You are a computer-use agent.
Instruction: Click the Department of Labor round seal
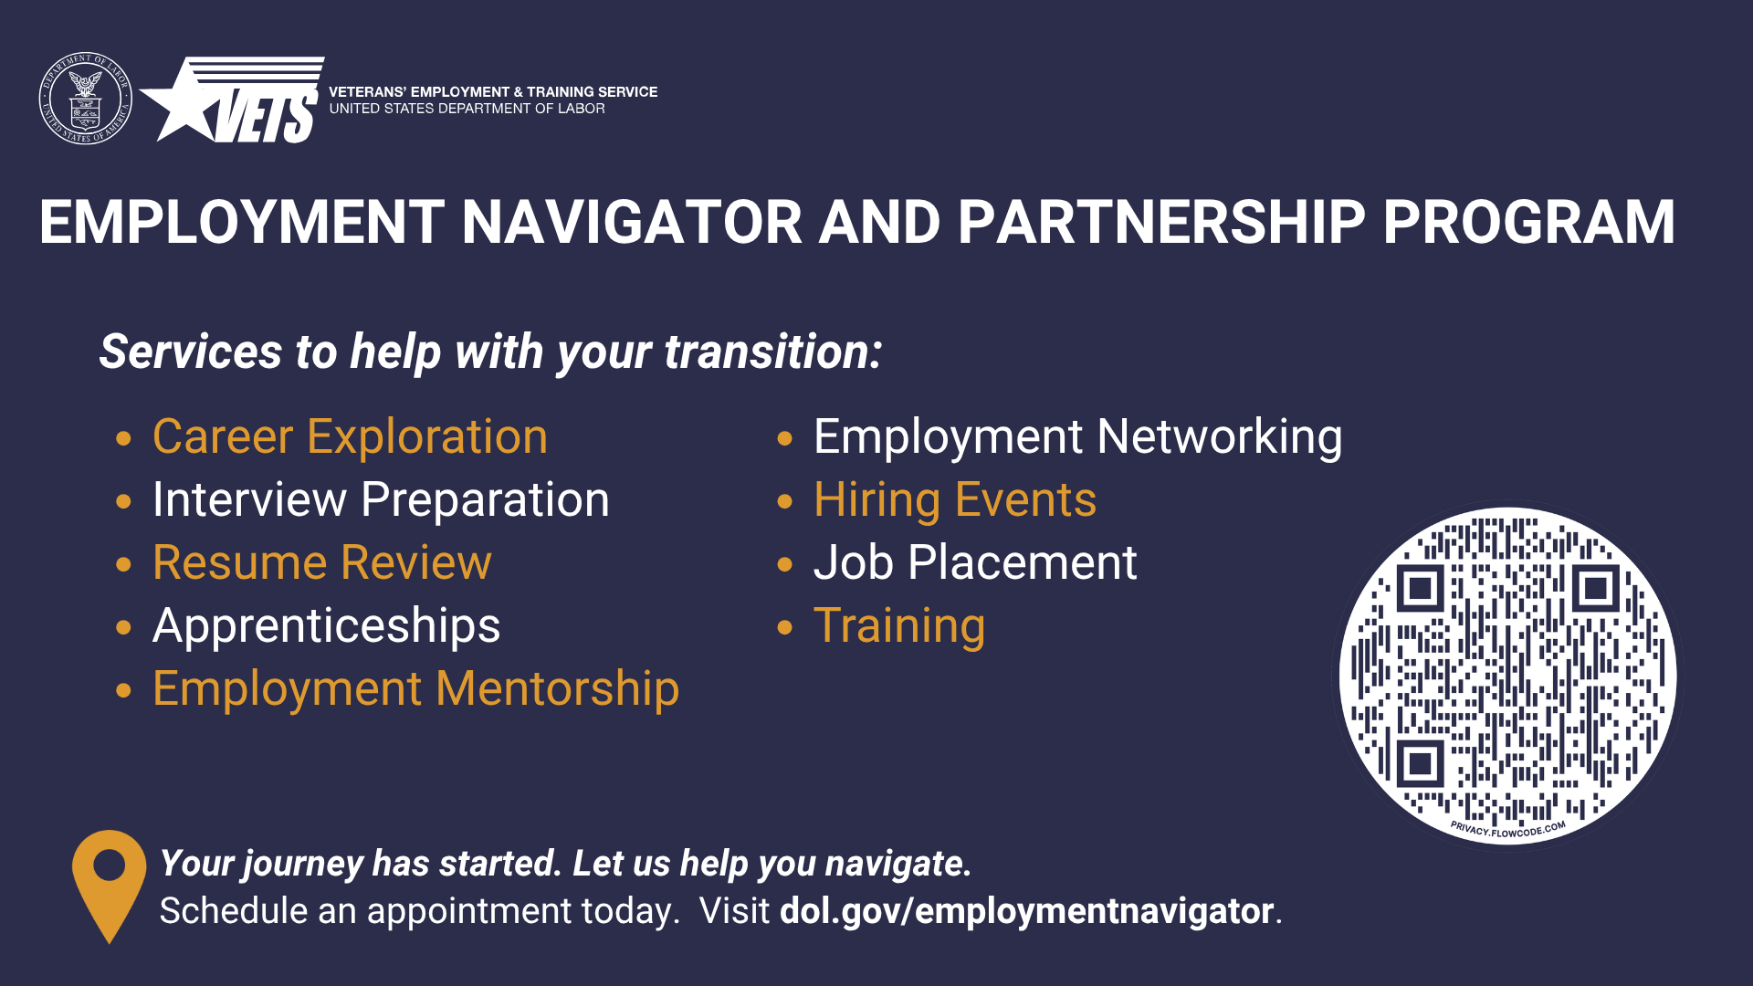[86, 98]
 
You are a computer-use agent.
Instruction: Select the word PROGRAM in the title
[1529, 223]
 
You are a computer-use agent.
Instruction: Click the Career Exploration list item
[350, 436]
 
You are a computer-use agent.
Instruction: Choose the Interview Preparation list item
[381, 499]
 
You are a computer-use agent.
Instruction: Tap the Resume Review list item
[322, 562]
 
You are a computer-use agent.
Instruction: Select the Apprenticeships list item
[327, 626]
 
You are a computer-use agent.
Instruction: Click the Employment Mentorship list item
[416, 688]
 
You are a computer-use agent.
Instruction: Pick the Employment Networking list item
[1078, 436]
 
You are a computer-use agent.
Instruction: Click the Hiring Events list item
[955, 500]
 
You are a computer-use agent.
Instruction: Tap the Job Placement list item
[975, 562]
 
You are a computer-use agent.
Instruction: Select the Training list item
[899, 626]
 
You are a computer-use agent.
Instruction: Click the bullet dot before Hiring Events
[785, 501]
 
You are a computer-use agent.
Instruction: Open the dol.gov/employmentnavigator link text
[1026, 911]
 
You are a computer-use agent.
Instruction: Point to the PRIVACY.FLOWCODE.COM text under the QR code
[1508, 830]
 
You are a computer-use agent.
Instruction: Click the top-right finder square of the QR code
[1595, 588]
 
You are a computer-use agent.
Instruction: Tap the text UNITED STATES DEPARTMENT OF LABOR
[467, 109]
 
